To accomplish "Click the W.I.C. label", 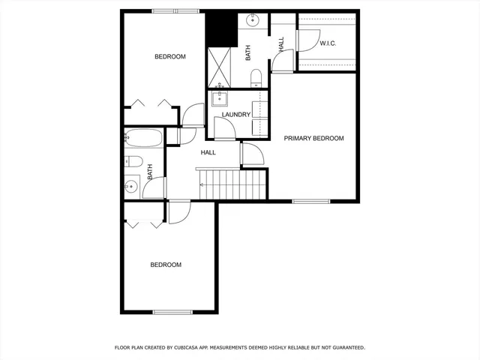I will coord(328,43).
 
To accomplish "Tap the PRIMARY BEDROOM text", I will coord(313,139).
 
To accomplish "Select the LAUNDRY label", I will coord(235,115).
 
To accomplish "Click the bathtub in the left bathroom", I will coord(142,139).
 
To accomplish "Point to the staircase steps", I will coord(232,184).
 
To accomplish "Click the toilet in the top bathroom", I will coord(256,76).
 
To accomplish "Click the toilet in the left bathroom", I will coord(133,161).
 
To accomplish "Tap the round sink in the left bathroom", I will coord(131,186).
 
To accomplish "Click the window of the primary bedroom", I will coord(311,201).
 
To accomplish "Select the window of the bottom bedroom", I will coord(173,312).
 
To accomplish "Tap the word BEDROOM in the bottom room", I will coord(166,265).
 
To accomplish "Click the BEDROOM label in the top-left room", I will coord(170,57).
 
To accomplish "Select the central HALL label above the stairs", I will coord(208,153).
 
